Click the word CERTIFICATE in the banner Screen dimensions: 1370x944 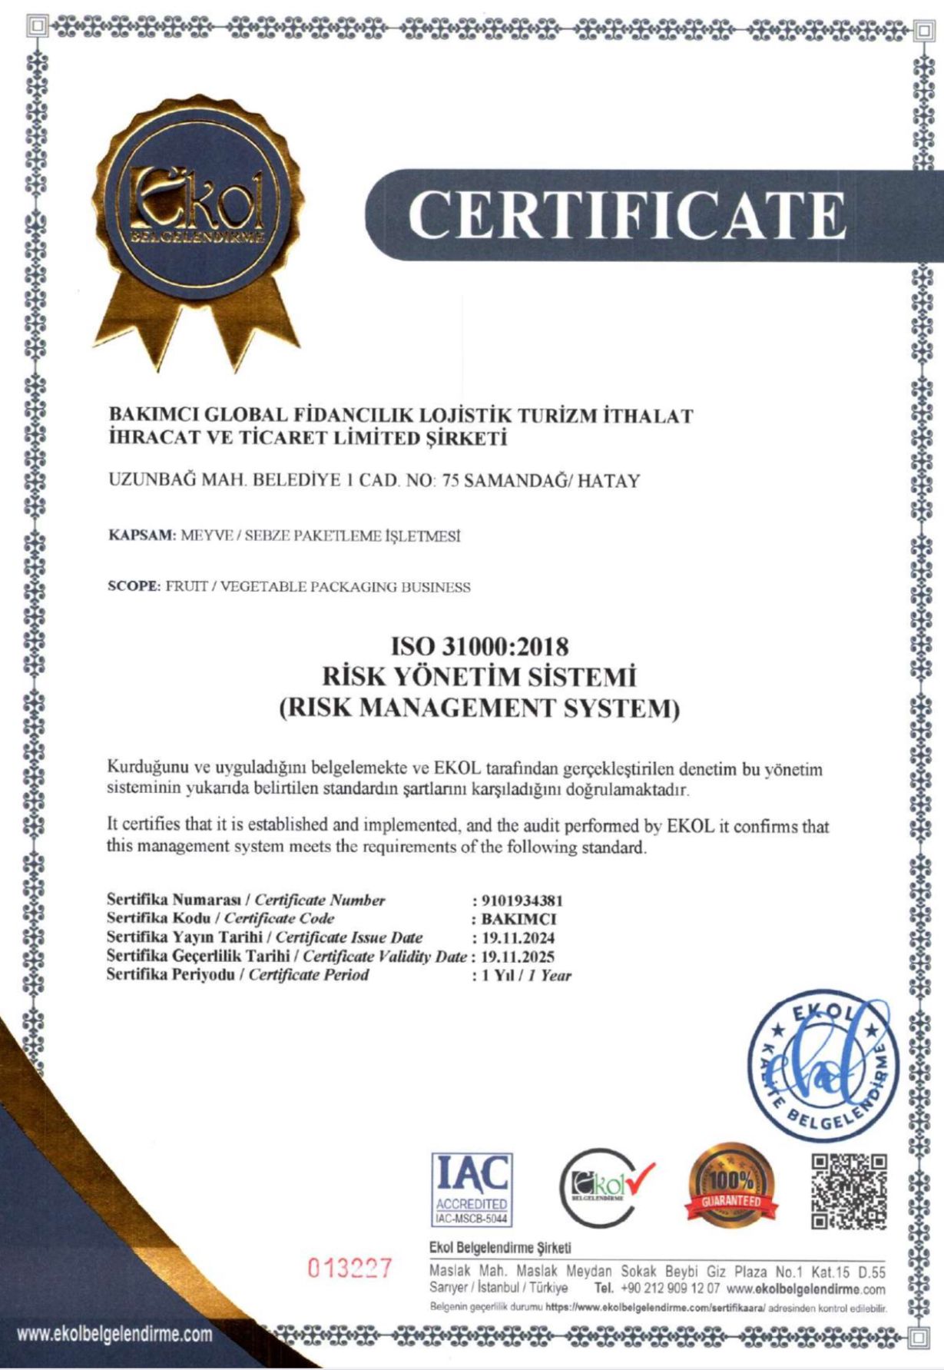[627, 214]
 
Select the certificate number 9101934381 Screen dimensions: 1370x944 [522, 901]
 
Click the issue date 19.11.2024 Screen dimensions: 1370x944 [518, 938]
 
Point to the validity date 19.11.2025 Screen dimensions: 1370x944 [518, 957]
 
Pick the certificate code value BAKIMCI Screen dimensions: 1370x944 [518, 919]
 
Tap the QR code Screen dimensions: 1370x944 [849, 1191]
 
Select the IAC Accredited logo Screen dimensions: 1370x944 [472, 1189]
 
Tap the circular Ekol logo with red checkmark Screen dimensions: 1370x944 [605, 1188]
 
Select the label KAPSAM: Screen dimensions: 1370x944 [143, 536]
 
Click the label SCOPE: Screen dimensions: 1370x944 [134, 587]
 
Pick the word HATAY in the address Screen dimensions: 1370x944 [608, 482]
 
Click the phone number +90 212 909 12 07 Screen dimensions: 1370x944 [670, 1289]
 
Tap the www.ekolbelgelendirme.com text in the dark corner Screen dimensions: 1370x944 [115, 1335]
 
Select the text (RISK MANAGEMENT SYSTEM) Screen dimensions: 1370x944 [479, 708]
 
